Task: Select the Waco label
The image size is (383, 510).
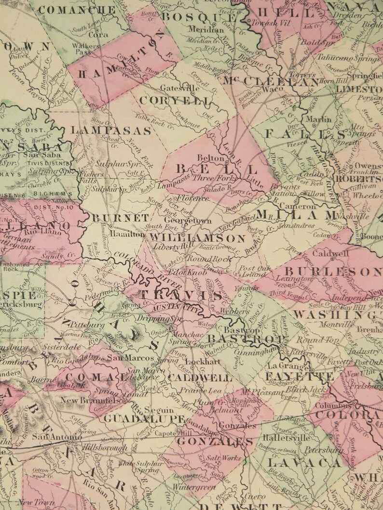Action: point(276,90)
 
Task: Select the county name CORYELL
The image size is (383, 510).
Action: point(175,101)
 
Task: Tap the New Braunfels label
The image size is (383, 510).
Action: point(90,400)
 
